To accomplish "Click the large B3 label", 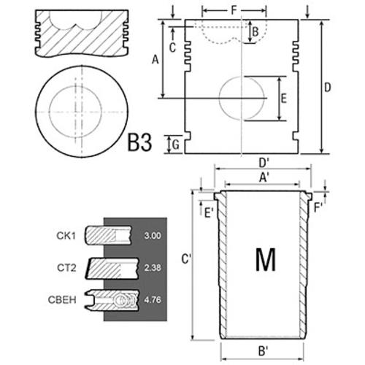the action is point(139,143).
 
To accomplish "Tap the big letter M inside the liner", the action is point(266,260).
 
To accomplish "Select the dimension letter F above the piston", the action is point(234,10).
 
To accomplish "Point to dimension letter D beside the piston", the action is point(328,88).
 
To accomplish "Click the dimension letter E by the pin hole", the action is point(284,99).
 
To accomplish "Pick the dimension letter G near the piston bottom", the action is point(176,145).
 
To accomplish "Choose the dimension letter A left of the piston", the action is point(155,59).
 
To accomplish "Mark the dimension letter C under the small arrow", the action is point(172,47).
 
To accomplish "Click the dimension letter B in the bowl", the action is point(255,32).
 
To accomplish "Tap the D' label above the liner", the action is point(264,163).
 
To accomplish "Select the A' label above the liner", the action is point(264,177).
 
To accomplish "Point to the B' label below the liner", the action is point(263,351).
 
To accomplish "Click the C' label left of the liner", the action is point(186,259).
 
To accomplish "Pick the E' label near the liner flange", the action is point(209,213).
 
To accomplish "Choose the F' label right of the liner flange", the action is point(318,208).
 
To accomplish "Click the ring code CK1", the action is point(66,236).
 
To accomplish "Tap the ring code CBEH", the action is point(62,300).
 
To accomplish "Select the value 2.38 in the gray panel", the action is point(153,268).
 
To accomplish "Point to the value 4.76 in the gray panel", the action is point(153,300).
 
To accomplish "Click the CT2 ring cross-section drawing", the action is point(112,268).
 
